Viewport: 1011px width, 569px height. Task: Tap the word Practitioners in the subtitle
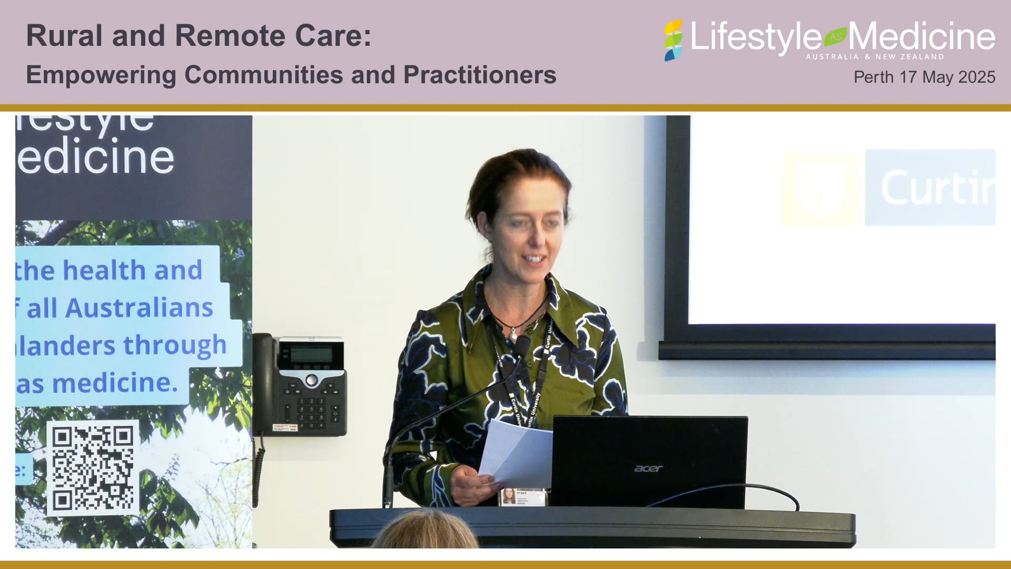(480, 75)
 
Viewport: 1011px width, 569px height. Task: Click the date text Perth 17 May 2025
(924, 77)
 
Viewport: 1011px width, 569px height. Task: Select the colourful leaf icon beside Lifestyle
(673, 40)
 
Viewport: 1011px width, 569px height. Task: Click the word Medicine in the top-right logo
(921, 36)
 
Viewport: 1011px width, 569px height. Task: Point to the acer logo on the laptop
(648, 468)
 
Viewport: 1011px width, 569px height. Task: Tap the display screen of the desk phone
(311, 353)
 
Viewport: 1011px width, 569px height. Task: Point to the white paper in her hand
(516, 453)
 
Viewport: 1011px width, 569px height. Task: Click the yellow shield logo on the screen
(820, 189)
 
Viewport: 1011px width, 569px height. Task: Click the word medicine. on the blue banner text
(115, 383)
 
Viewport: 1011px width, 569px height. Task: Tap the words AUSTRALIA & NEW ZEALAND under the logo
(875, 56)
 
